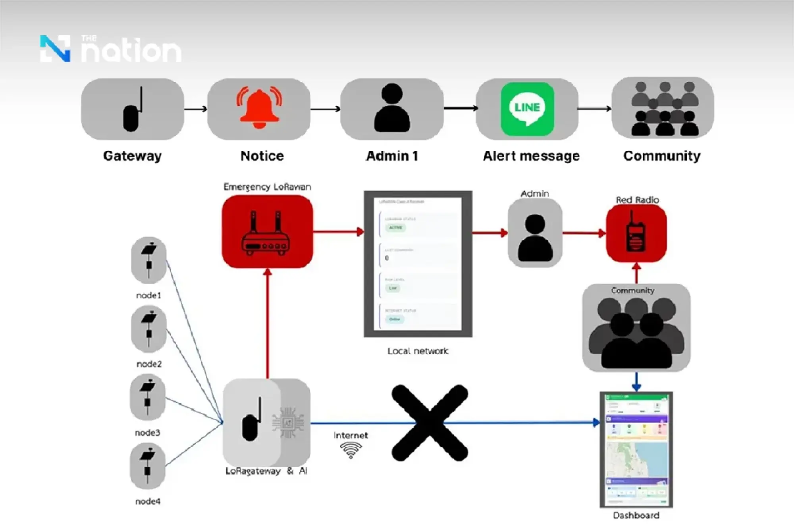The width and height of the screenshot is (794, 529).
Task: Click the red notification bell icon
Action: click(259, 108)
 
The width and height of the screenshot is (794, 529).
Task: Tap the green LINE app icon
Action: click(527, 109)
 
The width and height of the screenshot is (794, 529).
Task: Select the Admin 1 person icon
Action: click(392, 108)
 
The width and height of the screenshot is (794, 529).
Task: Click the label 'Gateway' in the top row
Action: click(132, 156)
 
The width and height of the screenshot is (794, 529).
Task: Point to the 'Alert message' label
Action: click(531, 156)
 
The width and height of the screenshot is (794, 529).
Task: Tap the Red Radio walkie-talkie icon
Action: click(636, 233)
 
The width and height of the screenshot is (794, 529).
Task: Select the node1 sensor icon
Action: click(149, 260)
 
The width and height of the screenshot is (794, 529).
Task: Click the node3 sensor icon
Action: click(148, 398)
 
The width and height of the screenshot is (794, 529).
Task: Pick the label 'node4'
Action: click(148, 502)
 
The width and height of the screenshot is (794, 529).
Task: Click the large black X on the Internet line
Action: click(430, 423)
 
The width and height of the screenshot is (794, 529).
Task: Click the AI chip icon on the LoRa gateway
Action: click(288, 423)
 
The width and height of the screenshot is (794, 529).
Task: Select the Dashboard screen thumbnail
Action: click(636, 450)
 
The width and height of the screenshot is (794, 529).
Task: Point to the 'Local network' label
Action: click(418, 351)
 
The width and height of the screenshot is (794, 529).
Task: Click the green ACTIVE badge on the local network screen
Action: click(395, 228)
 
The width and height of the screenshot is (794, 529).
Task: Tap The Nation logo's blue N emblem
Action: click(55, 49)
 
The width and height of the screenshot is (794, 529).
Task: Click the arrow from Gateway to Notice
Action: click(196, 109)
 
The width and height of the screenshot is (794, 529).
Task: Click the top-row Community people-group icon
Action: click(662, 108)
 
